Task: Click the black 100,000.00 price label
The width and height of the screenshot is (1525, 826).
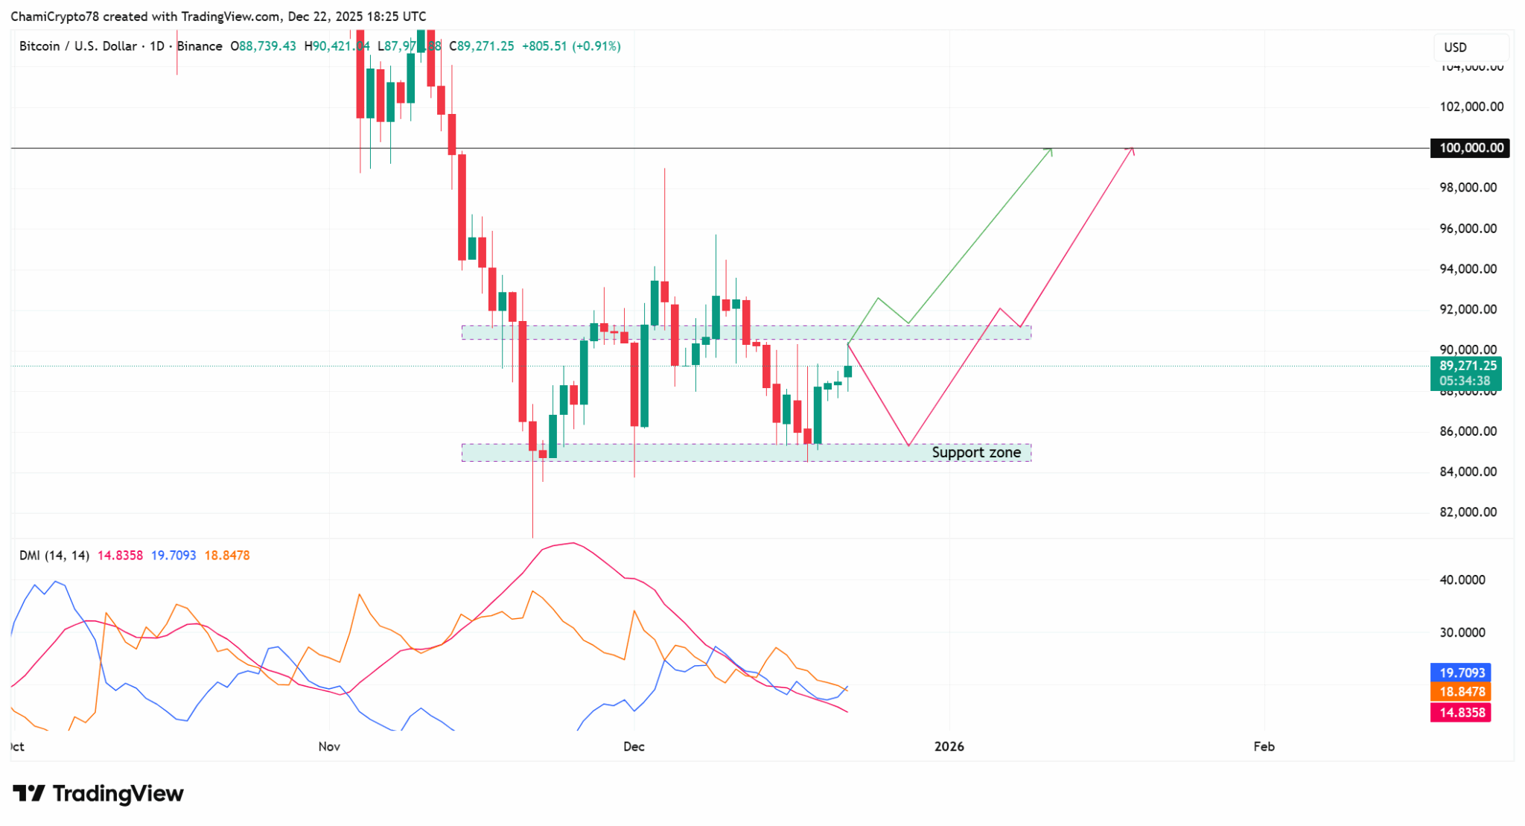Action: [x=1471, y=147]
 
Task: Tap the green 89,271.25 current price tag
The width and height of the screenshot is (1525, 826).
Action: [x=1465, y=366]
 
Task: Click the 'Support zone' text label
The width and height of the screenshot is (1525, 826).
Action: [x=975, y=453]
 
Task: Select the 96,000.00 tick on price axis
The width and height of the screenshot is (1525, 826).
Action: [x=1468, y=229]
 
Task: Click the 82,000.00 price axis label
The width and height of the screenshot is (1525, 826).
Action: [x=1468, y=512]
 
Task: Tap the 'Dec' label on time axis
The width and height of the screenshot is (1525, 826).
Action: [x=634, y=746]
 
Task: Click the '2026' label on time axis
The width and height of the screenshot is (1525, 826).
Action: [x=949, y=746]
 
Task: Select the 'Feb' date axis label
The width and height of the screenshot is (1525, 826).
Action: [x=1264, y=746]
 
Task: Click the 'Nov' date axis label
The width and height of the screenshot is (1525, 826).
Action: [x=328, y=746]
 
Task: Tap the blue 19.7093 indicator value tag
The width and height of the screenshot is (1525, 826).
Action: [x=1461, y=673]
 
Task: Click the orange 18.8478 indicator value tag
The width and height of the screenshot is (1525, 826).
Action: [x=1461, y=692]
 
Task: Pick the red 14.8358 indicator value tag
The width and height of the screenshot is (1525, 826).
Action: [x=1461, y=713]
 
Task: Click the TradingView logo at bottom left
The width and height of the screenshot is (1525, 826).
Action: [x=98, y=794]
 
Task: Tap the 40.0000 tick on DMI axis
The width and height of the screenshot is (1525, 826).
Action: [x=1462, y=580]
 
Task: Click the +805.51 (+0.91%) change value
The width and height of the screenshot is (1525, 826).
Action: [x=571, y=46]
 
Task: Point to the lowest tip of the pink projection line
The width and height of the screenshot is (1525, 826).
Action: [x=908, y=445]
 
